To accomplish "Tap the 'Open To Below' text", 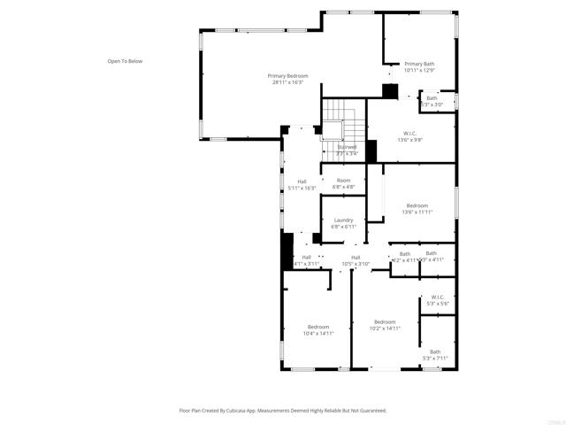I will coord(125,61).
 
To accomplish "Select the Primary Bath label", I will coord(419,64).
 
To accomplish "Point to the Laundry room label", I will coord(343,220).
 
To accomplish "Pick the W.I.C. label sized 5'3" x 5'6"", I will coord(438,297).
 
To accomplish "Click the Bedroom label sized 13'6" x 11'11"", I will coord(417,205).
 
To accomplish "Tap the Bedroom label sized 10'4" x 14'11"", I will coord(318,327).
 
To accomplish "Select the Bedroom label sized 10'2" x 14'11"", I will coord(385,321).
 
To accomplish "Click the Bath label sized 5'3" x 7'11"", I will coord(435,352).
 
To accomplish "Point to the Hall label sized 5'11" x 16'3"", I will coord(302,182).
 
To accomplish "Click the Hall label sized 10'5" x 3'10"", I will coord(356,257).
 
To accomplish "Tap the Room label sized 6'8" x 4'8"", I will coord(343,181).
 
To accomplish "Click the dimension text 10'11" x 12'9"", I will coord(419,70).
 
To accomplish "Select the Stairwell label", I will coord(347,147).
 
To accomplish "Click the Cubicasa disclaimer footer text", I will coord(282,411).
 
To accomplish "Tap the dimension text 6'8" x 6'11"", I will coord(343,227).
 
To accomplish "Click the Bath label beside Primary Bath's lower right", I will coord(444,97).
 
